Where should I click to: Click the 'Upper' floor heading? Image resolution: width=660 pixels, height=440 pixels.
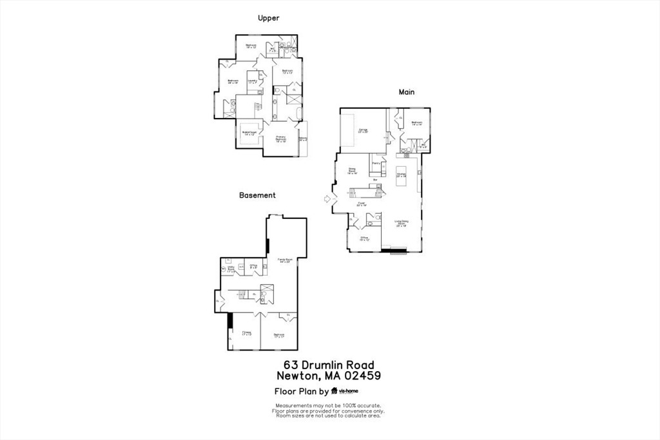pyautogui.click(x=268, y=18)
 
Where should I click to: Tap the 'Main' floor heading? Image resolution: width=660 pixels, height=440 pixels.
pyautogui.click(x=406, y=92)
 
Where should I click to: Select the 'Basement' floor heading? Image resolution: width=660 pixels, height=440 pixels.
pyautogui.click(x=257, y=195)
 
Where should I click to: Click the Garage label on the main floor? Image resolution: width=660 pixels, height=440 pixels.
pyautogui.click(x=363, y=131)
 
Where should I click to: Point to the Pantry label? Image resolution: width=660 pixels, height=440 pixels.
pyautogui.click(x=376, y=164)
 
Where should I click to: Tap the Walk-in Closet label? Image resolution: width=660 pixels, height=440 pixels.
pyautogui.click(x=249, y=133)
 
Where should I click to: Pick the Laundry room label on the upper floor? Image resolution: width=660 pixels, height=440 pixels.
pyautogui.click(x=252, y=82)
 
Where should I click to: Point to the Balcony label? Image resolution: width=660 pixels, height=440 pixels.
pyautogui.click(x=303, y=139)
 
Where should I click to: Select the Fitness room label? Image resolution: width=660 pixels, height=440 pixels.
pyautogui.click(x=246, y=334)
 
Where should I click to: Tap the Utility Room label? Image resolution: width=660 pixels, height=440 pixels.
pyautogui.click(x=230, y=271)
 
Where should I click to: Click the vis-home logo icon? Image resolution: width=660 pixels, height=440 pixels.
pyautogui.click(x=335, y=391)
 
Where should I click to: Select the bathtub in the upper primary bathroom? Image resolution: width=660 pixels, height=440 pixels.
pyautogui.click(x=298, y=115)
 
